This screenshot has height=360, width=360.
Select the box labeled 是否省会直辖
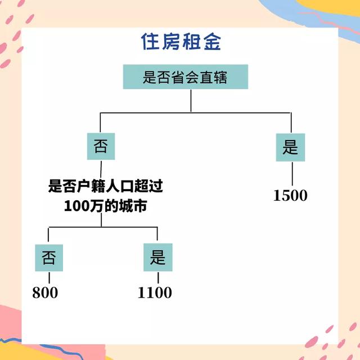tap(185, 76)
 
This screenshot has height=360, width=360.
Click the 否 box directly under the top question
tap(101, 147)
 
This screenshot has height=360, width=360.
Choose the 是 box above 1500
tap(291, 147)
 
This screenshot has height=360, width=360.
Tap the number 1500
tap(291, 196)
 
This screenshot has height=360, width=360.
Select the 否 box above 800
tap(49, 258)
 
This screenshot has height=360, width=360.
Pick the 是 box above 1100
tap(157, 258)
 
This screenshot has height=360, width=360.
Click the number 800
tap(45, 292)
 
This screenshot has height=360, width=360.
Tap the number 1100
tap(155, 292)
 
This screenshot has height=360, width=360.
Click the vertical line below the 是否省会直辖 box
tap(191, 101)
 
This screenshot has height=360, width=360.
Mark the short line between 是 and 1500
tap(291, 173)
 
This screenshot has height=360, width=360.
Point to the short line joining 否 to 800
tap(49, 278)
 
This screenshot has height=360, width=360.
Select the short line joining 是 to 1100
tap(158, 278)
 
